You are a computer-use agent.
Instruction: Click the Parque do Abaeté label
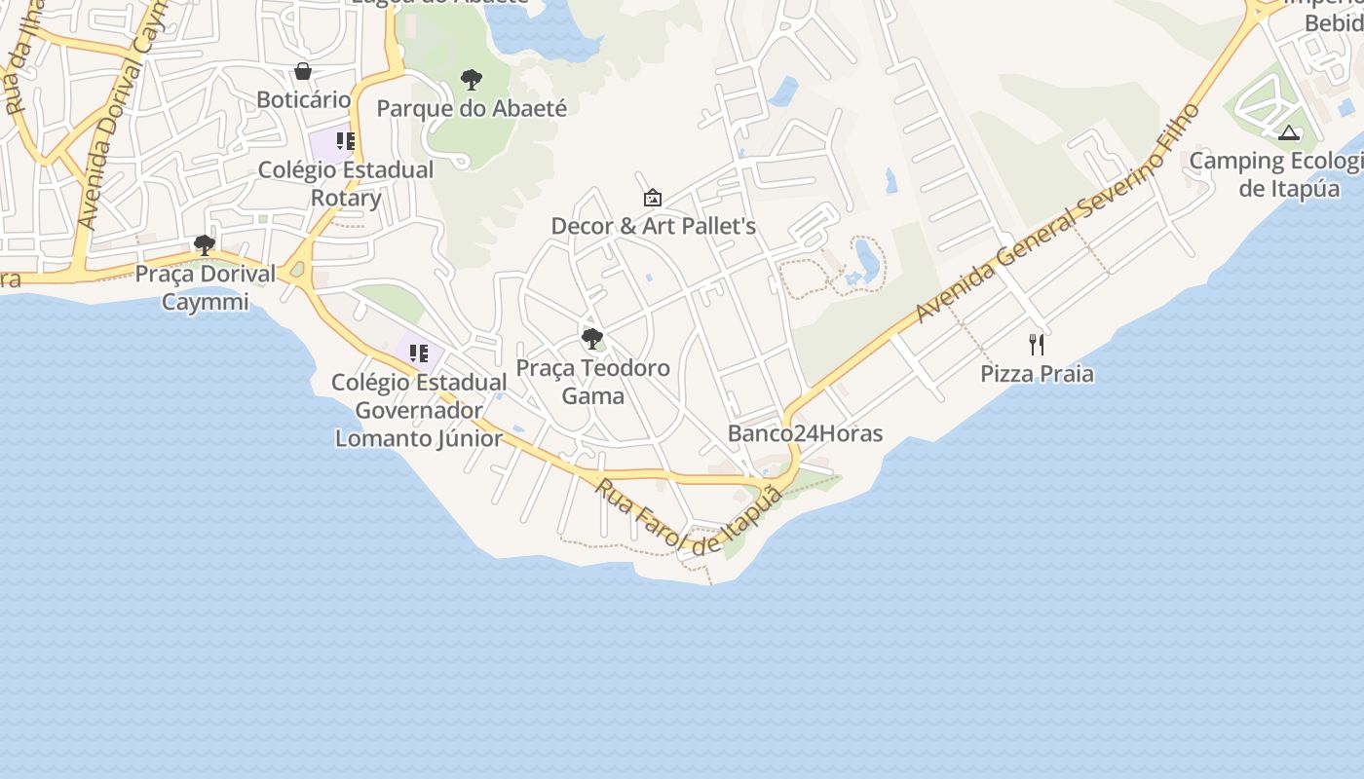pos(472,108)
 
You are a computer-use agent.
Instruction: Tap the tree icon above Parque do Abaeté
pos(472,79)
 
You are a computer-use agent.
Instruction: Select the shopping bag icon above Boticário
pos(303,71)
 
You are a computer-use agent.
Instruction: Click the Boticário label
pos(303,99)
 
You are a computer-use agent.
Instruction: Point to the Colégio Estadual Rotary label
pos(346,183)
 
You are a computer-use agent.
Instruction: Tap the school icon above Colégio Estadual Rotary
pos(345,141)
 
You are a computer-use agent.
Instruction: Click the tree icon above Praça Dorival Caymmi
pos(205,244)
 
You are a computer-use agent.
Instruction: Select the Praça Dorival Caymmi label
pos(205,287)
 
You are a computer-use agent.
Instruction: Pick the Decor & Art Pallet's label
pos(653,226)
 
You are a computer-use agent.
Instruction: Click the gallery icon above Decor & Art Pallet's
pos(653,198)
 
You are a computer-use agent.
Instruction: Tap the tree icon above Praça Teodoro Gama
pos(591,339)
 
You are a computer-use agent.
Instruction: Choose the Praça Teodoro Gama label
pos(592,382)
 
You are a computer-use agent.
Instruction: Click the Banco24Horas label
pos(805,433)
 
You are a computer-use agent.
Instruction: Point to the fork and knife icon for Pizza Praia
pos(1037,345)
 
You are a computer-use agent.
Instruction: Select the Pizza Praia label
pos(1037,374)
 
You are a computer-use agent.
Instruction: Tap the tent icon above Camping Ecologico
pos(1290,132)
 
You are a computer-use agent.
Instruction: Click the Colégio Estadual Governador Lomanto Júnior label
pos(419,410)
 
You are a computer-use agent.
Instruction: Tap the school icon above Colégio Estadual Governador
pos(419,353)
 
